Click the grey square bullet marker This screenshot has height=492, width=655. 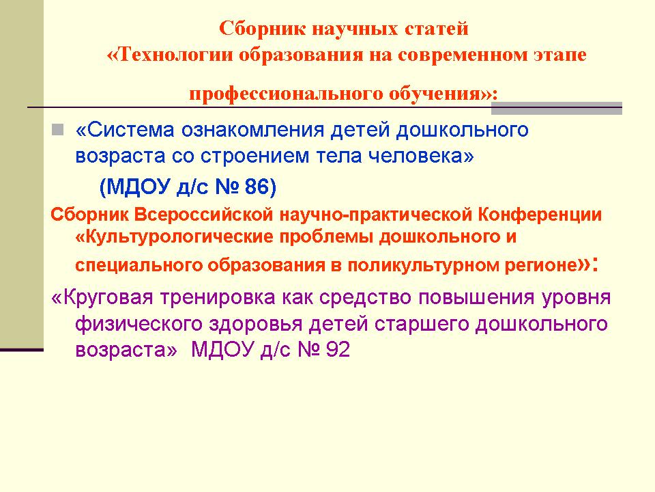click(57, 129)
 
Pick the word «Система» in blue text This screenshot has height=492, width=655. click(125, 130)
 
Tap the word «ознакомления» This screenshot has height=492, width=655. click(252, 130)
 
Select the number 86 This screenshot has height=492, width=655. click(257, 187)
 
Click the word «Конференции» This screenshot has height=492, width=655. click(540, 215)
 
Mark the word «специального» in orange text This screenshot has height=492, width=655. click(139, 265)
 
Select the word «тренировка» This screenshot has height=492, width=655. click(218, 297)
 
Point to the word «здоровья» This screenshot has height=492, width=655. click(255, 324)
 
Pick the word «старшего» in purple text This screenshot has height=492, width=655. click(422, 324)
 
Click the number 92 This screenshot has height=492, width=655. click(338, 349)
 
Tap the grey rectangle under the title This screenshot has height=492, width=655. click(557, 108)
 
